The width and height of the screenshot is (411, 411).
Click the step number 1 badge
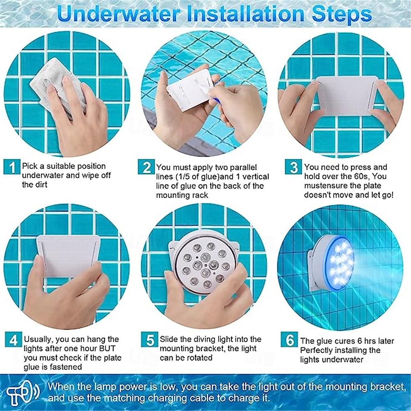[12, 167]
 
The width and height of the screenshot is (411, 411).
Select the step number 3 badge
[293, 167]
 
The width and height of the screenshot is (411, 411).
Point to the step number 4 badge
[13, 339]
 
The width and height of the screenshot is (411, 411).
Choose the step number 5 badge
[150, 339]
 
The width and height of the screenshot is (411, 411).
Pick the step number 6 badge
[289, 339]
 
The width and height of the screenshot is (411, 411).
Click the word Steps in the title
[342, 14]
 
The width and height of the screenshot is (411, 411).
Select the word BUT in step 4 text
[107, 349]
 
